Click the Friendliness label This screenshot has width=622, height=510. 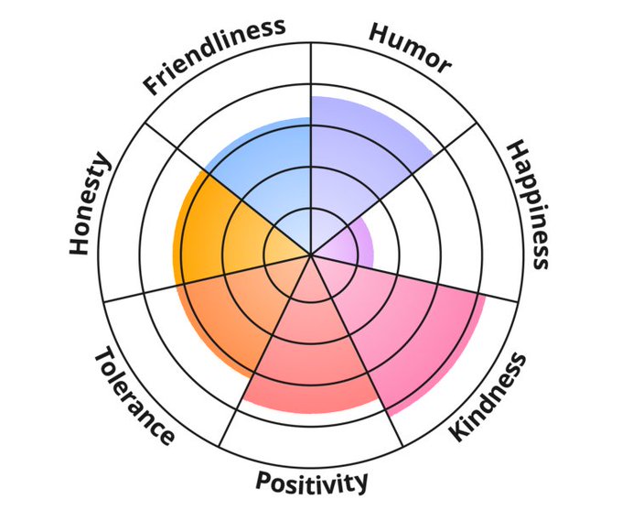click(x=213, y=57)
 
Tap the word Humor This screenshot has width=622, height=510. click(x=409, y=46)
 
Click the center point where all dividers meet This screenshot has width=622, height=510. click(x=311, y=255)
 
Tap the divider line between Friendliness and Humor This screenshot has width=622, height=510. click(x=311, y=73)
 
